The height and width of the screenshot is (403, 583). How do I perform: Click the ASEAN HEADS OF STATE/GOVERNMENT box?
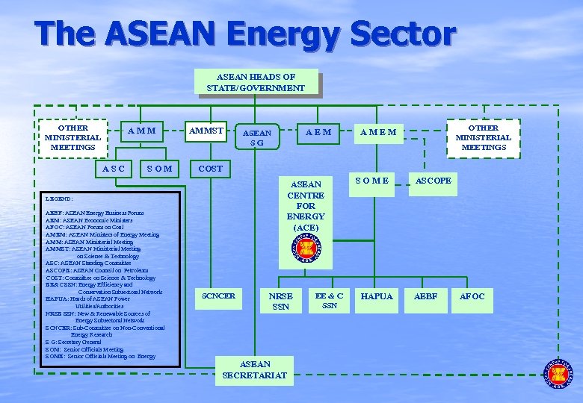click(x=256, y=83)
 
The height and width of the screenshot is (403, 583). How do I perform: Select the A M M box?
click(x=141, y=132)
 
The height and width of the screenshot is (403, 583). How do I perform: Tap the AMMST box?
click(x=206, y=131)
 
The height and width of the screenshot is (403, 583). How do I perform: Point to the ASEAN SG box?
click(x=256, y=137)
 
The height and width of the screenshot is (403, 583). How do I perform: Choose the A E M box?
click(x=313, y=132)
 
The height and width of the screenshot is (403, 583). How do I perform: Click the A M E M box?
click(x=377, y=132)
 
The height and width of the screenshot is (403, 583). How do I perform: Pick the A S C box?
click(x=113, y=168)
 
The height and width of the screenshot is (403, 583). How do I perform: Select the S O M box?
click(x=159, y=168)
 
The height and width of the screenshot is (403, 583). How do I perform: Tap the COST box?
click(x=211, y=169)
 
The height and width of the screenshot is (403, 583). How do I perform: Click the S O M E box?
click(x=371, y=180)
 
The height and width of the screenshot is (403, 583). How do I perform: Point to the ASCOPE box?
click(x=433, y=180)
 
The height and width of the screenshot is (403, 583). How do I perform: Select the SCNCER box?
click(x=218, y=296)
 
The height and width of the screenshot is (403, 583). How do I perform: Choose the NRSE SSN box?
click(x=280, y=301)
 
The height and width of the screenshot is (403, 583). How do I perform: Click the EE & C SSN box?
click(x=329, y=300)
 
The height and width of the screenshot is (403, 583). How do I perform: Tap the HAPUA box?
click(x=377, y=296)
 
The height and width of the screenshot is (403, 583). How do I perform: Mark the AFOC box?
click(x=472, y=296)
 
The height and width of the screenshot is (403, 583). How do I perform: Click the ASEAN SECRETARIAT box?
click(x=254, y=369)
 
